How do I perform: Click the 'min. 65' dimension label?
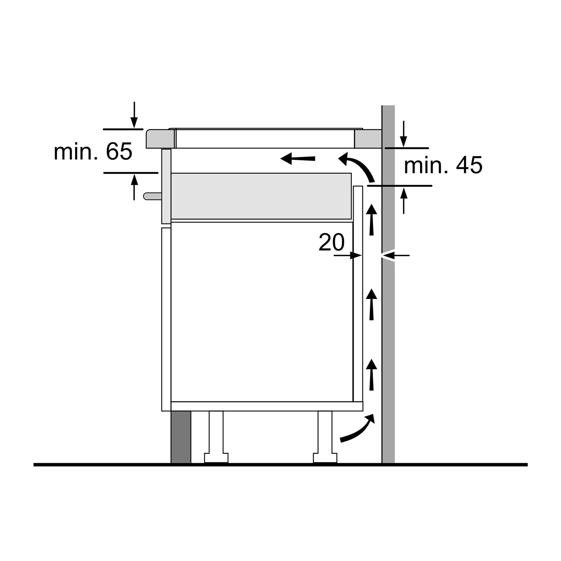[93, 151]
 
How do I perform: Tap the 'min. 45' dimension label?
[443, 165]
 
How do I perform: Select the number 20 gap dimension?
[331, 242]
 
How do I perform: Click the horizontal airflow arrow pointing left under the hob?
[298, 158]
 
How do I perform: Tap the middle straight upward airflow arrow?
[371, 304]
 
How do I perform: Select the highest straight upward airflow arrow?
[371, 219]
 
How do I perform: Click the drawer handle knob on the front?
[152, 196]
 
